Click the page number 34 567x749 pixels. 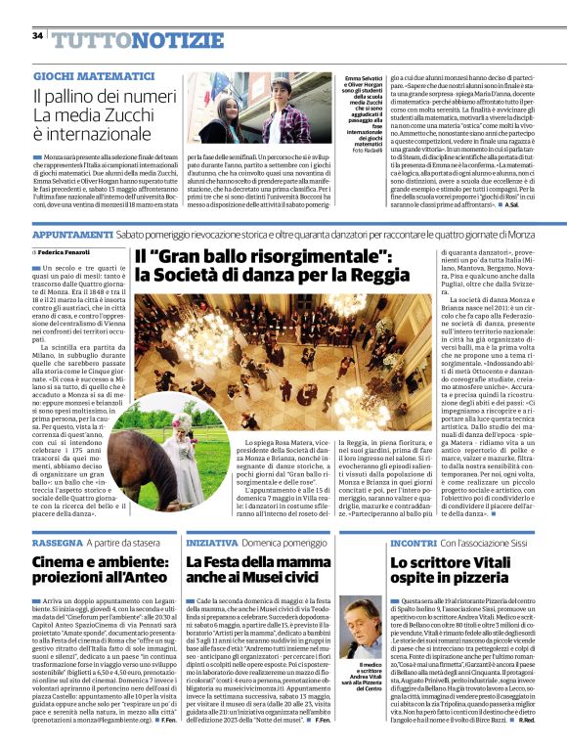[37, 36]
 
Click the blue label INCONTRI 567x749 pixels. [393, 541]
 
